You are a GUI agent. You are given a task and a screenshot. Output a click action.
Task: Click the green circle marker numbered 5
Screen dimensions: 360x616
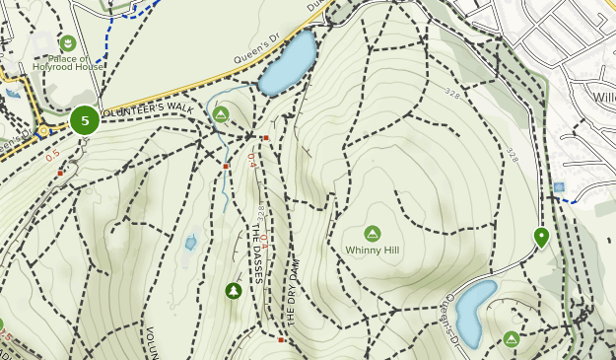coord(85,120)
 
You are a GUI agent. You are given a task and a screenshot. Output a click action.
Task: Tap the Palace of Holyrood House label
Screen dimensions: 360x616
coord(67,62)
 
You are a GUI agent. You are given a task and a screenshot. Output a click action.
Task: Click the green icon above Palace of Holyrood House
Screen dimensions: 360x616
coord(67,42)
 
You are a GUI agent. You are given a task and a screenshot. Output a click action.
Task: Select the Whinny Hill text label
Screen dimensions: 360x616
coord(372,251)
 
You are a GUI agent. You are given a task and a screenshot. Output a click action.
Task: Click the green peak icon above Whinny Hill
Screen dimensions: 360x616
coord(373,234)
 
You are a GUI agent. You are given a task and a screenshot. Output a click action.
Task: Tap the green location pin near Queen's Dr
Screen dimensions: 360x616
coord(541,237)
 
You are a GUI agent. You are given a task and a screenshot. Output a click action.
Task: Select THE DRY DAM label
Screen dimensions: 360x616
coord(292,292)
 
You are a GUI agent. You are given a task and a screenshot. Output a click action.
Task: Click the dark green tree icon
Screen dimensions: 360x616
coord(233,291)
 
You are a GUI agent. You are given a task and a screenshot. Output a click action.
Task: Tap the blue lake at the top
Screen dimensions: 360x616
coord(288,62)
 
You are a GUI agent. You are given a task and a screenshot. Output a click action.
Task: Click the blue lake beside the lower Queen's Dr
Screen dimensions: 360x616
coord(474,311)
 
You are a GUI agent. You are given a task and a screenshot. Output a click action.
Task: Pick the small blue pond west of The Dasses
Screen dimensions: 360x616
coord(190,242)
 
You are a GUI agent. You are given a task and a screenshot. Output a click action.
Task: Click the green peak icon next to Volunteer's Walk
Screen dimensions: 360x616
coord(221,114)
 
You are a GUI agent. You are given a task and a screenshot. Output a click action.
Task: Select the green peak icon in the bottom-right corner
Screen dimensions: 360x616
coord(511,339)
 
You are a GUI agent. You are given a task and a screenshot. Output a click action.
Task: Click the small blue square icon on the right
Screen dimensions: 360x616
coord(559,187)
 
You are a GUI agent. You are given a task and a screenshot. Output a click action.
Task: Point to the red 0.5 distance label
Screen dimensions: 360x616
coord(52,155)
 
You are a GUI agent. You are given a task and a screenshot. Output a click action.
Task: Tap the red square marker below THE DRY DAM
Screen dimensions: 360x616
coord(281,340)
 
